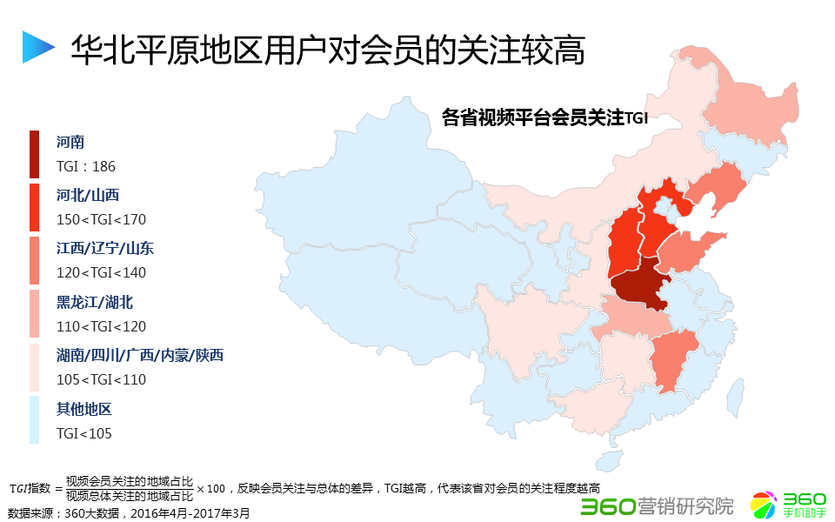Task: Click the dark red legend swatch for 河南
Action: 34,154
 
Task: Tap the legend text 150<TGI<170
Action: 101,219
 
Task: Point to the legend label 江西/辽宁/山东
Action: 105,249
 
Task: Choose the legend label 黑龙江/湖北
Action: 95,303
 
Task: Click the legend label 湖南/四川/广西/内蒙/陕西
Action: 140,356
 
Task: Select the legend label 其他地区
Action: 84,409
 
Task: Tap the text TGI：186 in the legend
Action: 86,166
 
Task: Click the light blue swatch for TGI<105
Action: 34,420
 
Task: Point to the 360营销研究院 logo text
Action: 657,505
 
